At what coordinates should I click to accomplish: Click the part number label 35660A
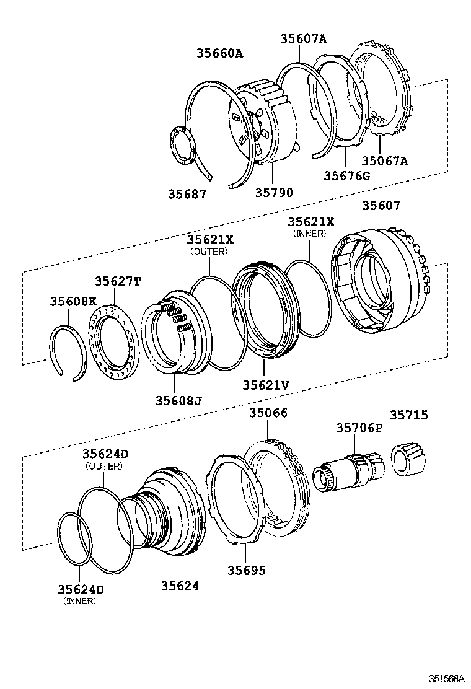(220, 53)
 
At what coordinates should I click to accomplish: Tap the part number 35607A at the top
(303, 39)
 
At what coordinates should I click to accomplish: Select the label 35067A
(385, 161)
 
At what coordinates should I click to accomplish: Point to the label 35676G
(346, 175)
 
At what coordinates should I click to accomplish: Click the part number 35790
(275, 193)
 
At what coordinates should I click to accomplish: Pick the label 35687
(187, 193)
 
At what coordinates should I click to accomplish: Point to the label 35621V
(266, 385)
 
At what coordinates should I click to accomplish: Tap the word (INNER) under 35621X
(309, 234)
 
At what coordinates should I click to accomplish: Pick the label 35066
(268, 413)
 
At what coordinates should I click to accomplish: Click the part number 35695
(244, 569)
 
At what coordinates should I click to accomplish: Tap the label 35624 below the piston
(180, 584)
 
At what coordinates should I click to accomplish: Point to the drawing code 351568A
(442, 678)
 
